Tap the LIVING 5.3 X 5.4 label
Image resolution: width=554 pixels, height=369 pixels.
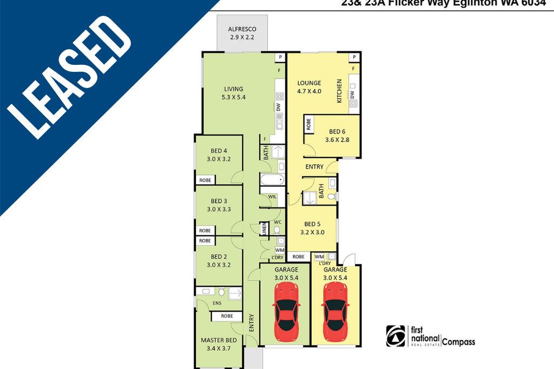coord(234,93)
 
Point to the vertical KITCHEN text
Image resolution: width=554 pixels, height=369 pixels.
coord(340,91)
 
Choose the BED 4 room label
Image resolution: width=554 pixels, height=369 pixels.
coord(219,155)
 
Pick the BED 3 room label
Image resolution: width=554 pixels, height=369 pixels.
coord(219,205)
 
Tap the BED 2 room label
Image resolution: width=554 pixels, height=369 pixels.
coord(219,260)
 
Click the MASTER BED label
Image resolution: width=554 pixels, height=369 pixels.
coord(219,344)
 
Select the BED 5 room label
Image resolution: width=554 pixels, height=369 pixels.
coord(313,228)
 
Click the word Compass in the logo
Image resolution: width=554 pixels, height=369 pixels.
coord(459,341)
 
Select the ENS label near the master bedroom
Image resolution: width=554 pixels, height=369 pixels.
coord(217,304)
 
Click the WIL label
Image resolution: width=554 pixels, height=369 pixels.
coord(272,197)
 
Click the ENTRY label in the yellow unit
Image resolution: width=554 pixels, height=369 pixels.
coord(314,167)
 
